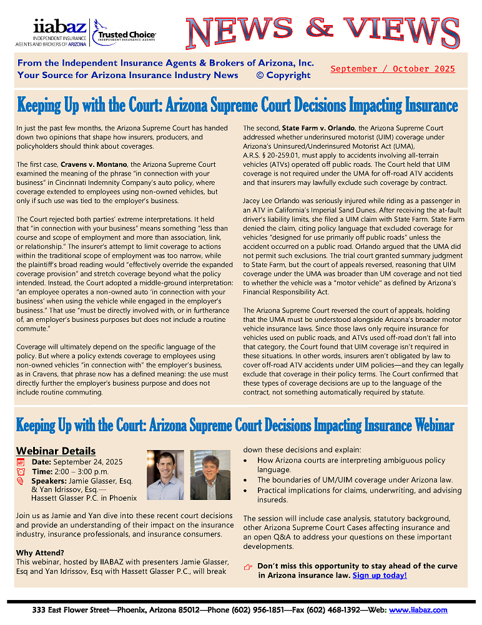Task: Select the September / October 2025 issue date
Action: tap(393, 69)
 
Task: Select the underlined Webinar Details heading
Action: tap(56, 451)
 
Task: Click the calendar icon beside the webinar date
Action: tap(21, 462)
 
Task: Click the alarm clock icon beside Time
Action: tap(21, 471)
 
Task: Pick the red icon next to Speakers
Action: tap(21, 481)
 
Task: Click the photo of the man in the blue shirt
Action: tap(165, 474)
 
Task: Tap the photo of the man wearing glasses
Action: tap(210, 474)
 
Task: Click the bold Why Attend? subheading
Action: tap(41, 553)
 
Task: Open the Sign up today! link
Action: tap(380, 575)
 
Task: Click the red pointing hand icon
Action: tap(248, 567)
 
